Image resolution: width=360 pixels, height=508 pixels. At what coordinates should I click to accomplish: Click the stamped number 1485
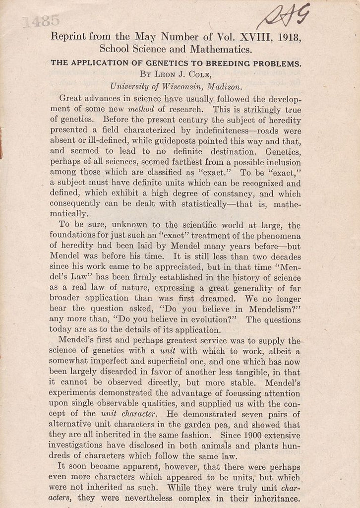(41, 21)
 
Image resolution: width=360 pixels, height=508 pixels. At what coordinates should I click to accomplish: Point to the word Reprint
(74, 37)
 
